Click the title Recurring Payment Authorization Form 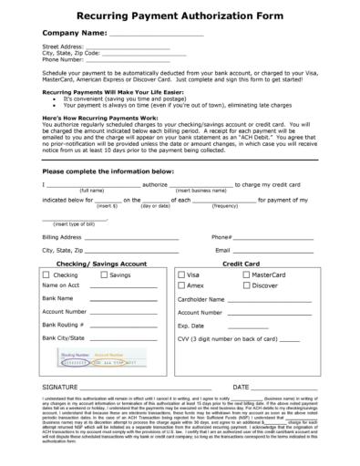click(179, 16)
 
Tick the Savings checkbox click(102, 274)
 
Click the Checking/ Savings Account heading click(102, 263)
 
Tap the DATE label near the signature click(243, 387)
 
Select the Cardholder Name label click(201, 298)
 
